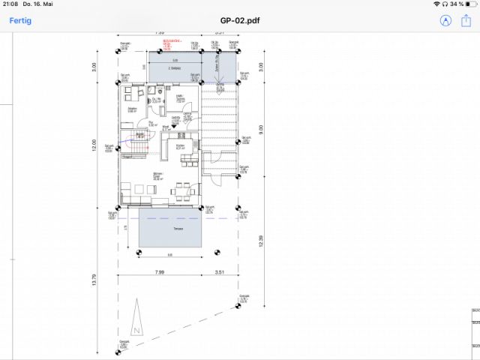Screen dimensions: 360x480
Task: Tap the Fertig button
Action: coord(19,21)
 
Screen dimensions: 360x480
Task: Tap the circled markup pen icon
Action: coord(446,21)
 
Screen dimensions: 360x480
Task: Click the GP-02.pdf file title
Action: coord(239,21)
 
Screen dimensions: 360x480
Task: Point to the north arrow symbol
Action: coord(136,319)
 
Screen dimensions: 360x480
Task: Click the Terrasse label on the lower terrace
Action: coord(178,228)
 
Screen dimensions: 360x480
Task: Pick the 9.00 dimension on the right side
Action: coord(261,129)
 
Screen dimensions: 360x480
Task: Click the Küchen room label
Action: coord(180,147)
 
